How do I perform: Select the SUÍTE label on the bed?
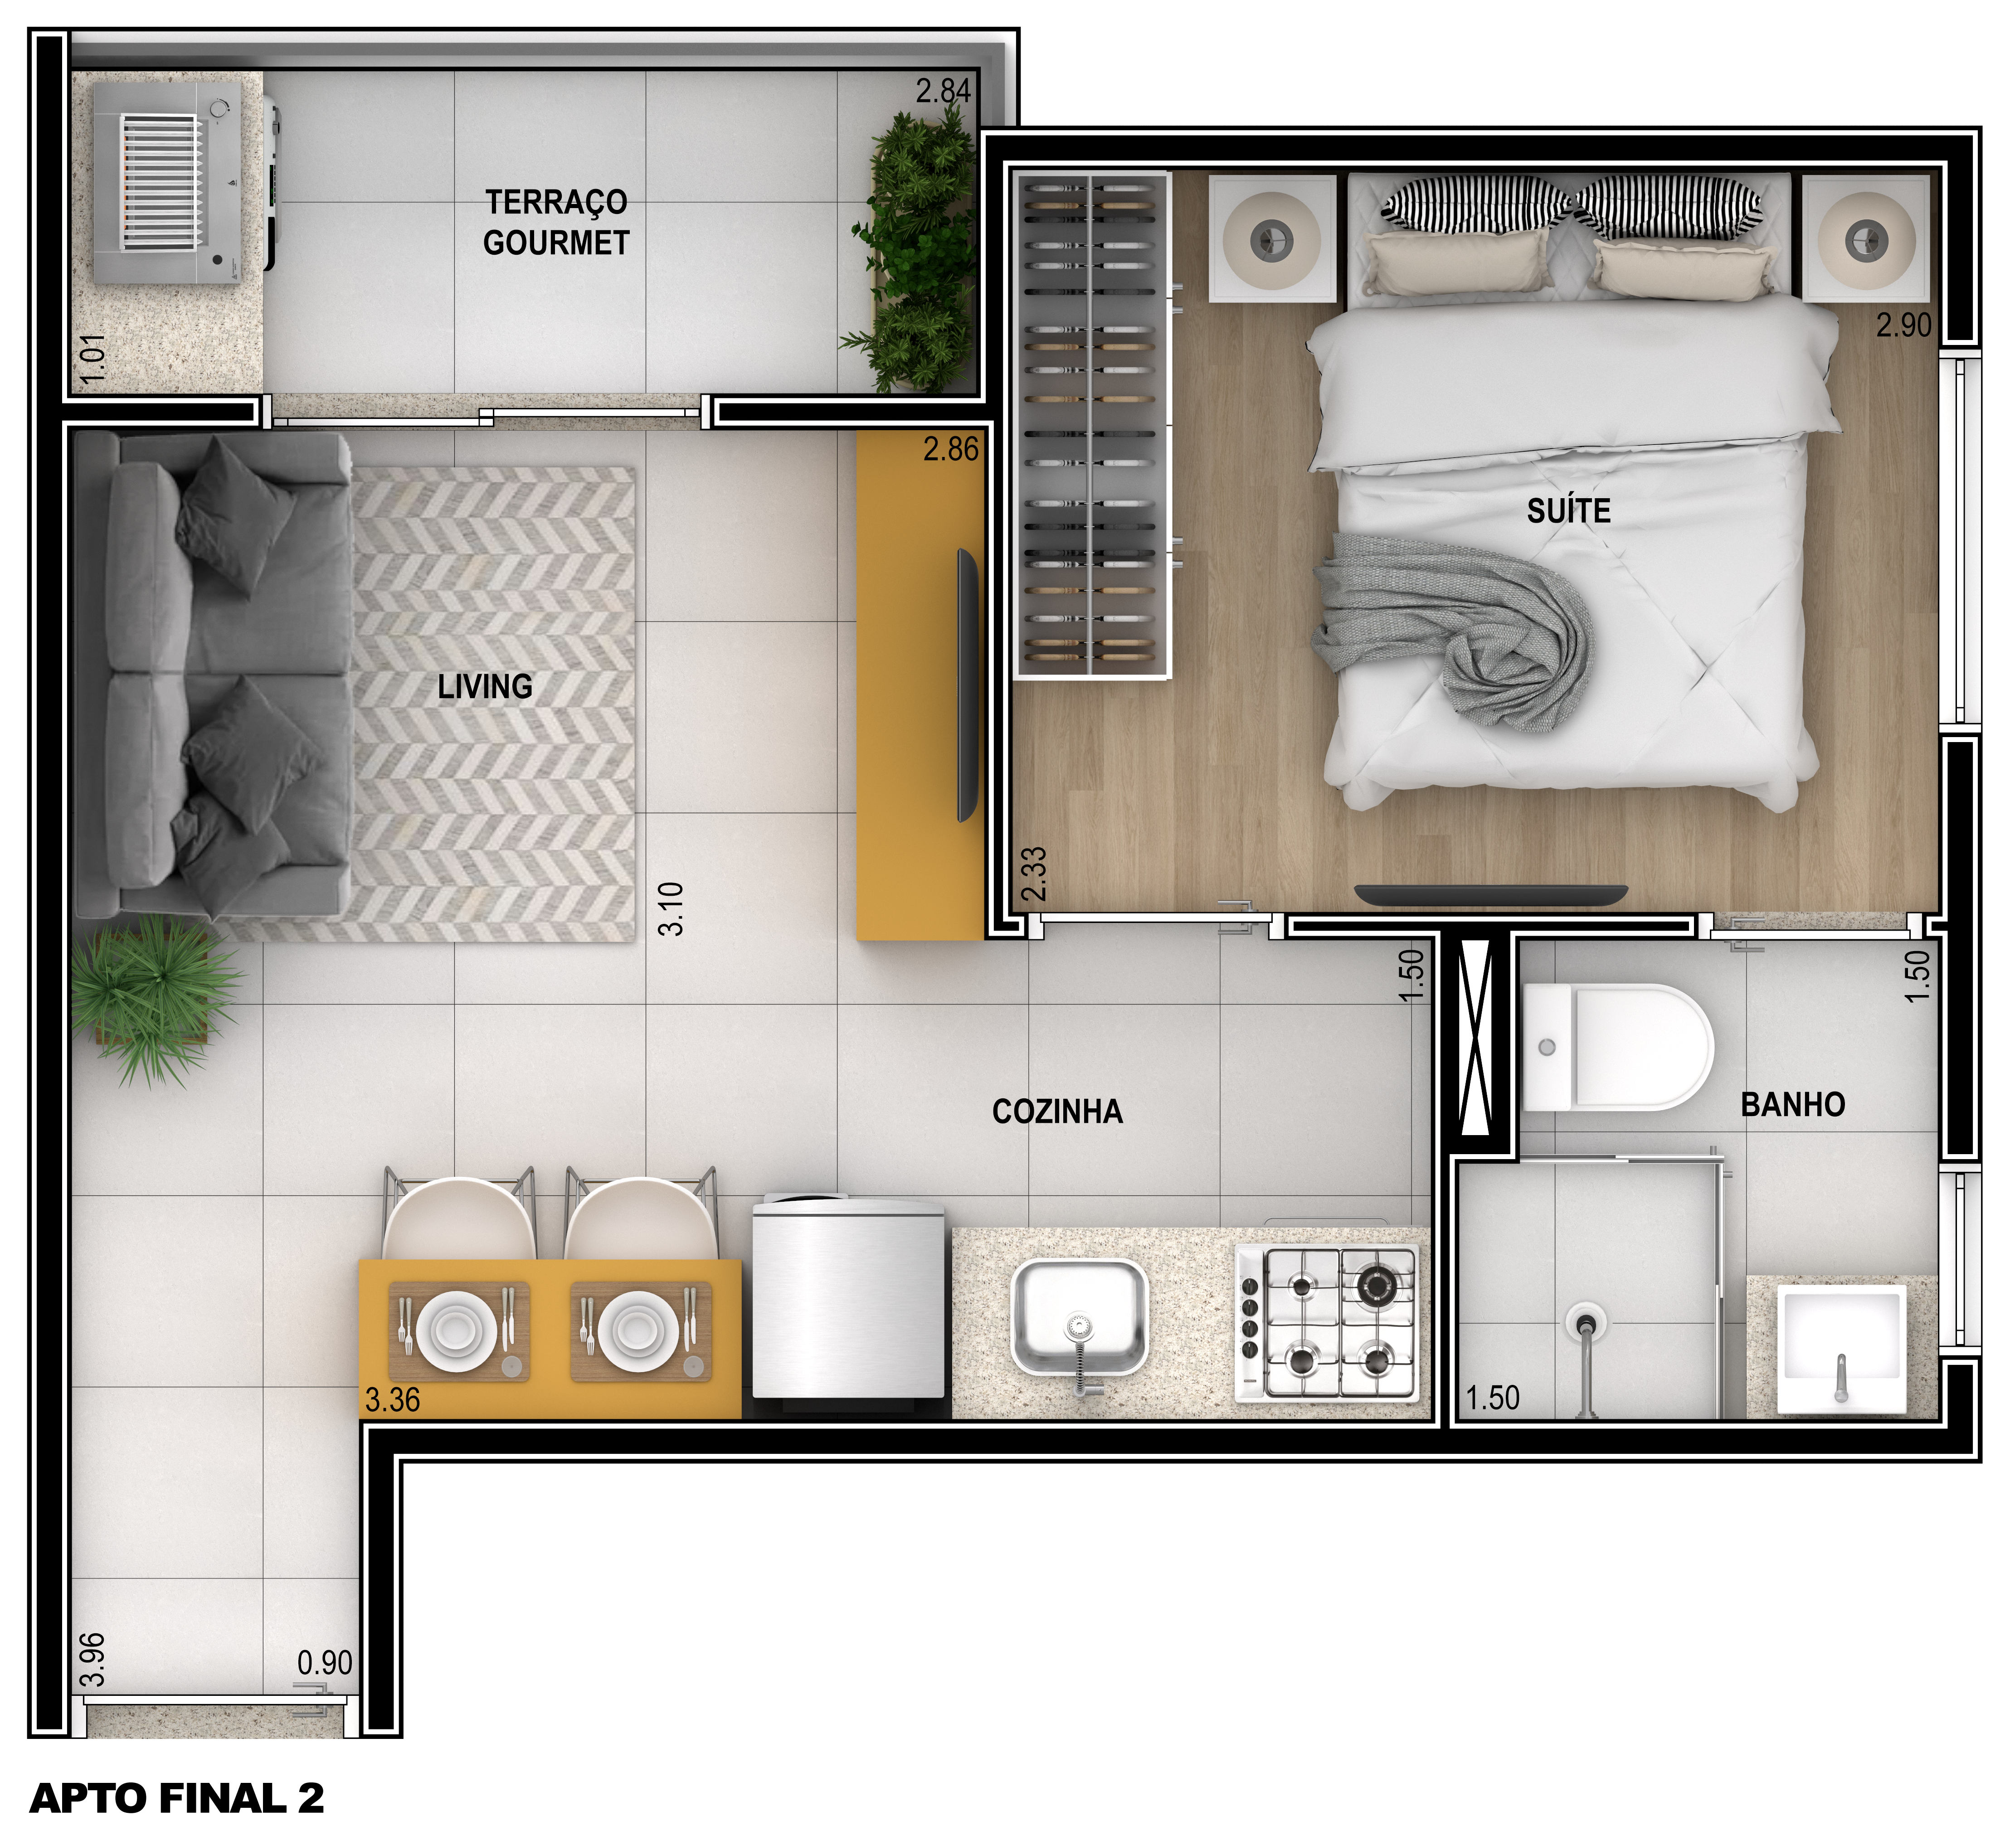click(1568, 510)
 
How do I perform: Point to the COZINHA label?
click(1057, 1112)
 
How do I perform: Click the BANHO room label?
click(1793, 1104)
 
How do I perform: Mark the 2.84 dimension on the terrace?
click(943, 91)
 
